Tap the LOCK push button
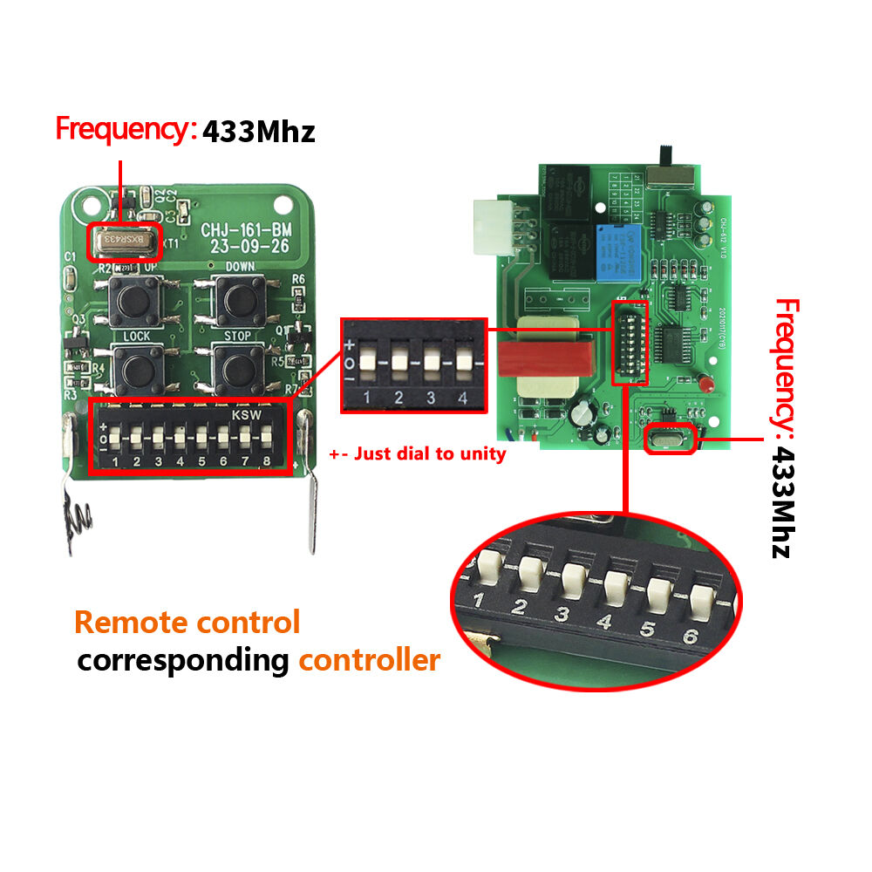tap(135, 368)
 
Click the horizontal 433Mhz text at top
tap(258, 132)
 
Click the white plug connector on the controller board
tap(493, 228)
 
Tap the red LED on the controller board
tap(702, 380)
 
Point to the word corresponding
tap(182, 660)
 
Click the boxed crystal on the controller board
tap(668, 440)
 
